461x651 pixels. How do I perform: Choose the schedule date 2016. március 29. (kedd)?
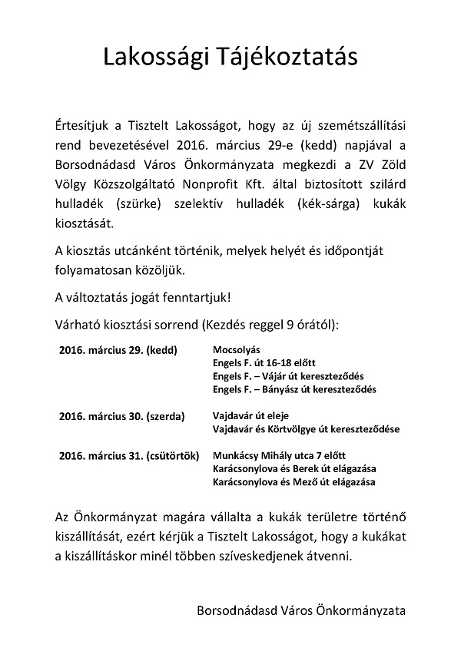point(118,349)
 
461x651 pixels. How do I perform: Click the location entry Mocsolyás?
point(237,349)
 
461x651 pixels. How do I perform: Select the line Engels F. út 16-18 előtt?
point(264,362)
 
